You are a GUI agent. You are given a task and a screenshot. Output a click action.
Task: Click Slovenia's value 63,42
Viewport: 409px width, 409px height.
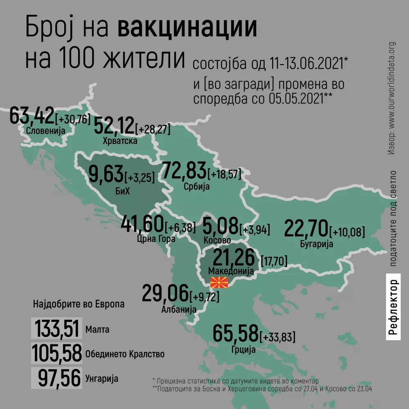point(32,116)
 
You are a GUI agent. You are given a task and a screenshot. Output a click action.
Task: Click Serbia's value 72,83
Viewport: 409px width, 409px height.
point(185,171)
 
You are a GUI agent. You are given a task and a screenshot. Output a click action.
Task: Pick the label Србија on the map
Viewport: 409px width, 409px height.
point(197,187)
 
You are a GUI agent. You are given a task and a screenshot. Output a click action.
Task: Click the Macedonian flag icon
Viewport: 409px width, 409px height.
point(219,282)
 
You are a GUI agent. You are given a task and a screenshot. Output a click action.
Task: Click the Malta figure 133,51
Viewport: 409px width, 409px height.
point(57,328)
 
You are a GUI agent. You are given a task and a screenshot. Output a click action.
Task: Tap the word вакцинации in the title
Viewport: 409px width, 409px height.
point(188,28)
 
